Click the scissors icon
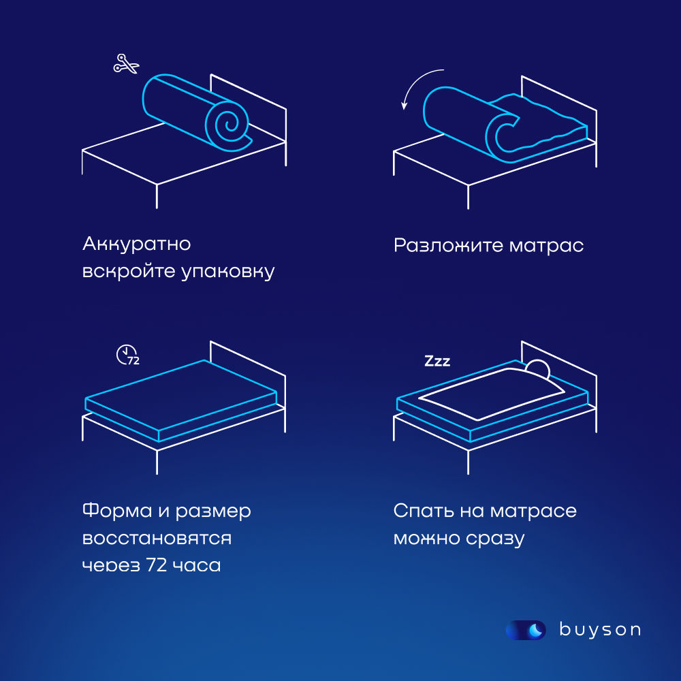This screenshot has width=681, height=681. pyautogui.click(x=126, y=65)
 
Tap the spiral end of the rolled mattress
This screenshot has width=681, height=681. pyautogui.click(x=228, y=123)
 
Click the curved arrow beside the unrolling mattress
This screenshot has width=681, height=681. pyautogui.click(x=418, y=87)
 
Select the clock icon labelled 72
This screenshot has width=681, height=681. pyautogui.click(x=127, y=355)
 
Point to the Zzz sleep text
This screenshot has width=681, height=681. pyautogui.click(x=437, y=361)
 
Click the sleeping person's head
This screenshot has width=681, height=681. pyautogui.click(x=537, y=368)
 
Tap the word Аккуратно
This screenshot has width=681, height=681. pyautogui.click(x=136, y=244)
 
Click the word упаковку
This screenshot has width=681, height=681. pyautogui.click(x=228, y=271)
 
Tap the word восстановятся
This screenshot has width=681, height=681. pyautogui.click(x=157, y=538)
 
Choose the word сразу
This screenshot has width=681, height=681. pyautogui.click(x=496, y=539)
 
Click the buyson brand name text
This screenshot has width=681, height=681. pyautogui.click(x=599, y=630)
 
